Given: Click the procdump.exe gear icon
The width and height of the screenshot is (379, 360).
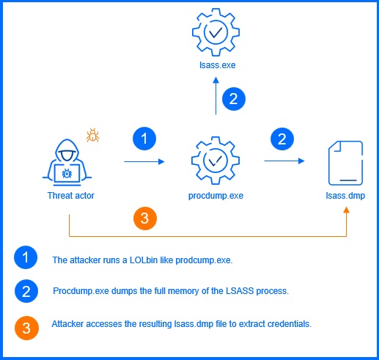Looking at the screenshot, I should (x=216, y=161).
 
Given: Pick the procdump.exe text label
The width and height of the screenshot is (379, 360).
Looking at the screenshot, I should (x=216, y=196).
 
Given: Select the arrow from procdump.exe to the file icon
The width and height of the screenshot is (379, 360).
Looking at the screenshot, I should (x=287, y=161).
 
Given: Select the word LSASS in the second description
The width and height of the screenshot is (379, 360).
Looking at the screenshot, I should (x=235, y=291).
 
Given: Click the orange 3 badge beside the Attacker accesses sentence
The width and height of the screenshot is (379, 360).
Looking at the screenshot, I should (x=26, y=326).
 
